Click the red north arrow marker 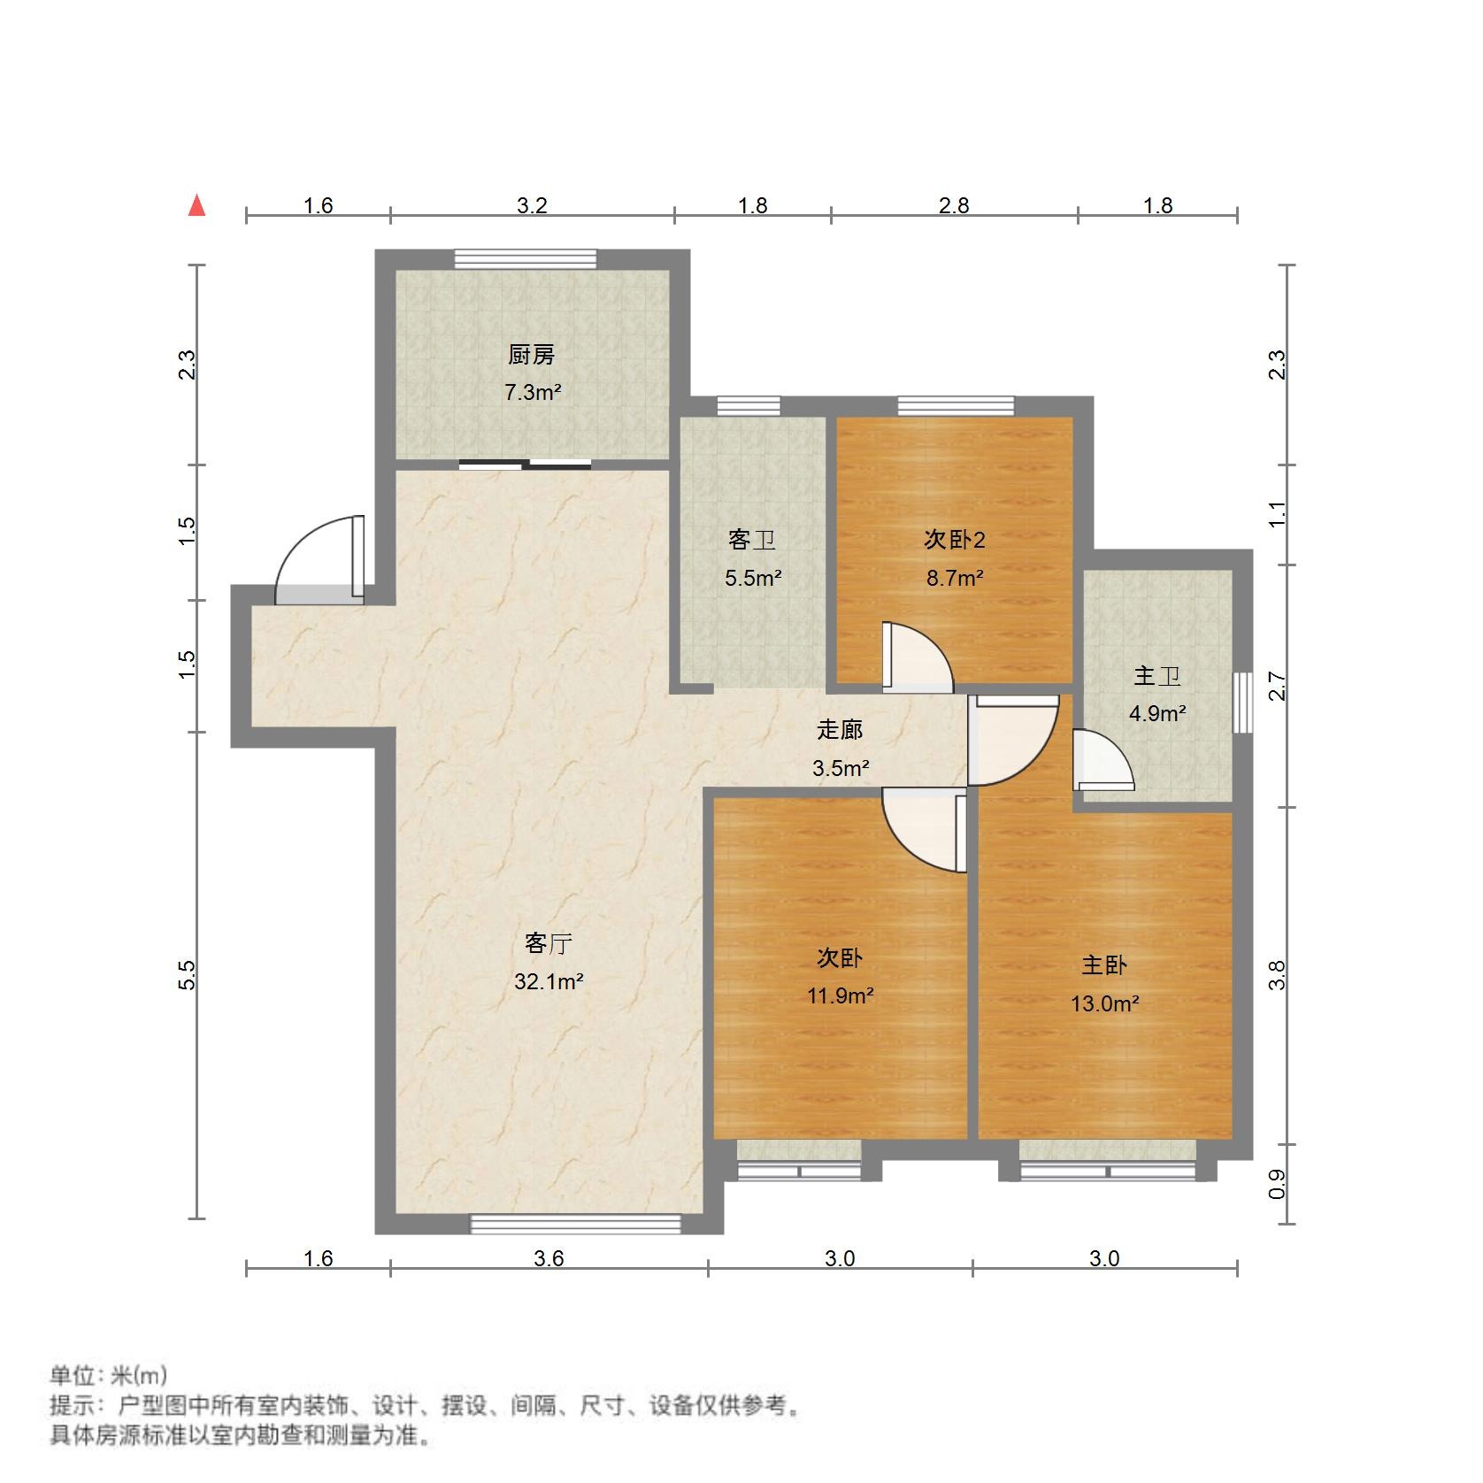(197, 206)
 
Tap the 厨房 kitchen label (532, 355)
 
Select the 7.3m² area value (533, 392)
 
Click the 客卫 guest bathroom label (752, 539)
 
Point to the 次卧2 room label (955, 539)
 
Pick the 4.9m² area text (1157, 713)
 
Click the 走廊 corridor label (840, 730)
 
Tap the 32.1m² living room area (549, 981)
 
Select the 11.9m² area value (841, 995)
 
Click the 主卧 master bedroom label (1104, 964)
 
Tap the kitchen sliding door (526, 465)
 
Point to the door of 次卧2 (917, 658)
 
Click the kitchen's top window (526, 258)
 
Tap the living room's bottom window (575, 1224)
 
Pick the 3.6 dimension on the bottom (549, 1258)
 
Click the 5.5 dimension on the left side (187, 975)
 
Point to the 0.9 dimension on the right (1277, 1184)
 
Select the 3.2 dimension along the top (532, 206)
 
